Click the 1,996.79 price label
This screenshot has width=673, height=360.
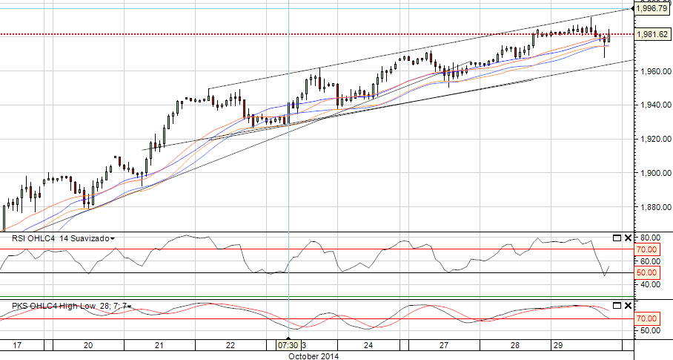(653, 8)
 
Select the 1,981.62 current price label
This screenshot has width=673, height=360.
(653, 34)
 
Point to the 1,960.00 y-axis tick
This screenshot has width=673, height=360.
(653, 71)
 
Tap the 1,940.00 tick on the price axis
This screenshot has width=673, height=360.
(653, 105)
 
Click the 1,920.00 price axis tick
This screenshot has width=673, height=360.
(653, 140)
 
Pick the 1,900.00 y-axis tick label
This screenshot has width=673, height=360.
(653, 174)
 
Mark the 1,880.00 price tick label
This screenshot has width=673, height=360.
(653, 208)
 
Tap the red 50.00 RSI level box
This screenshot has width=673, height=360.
(648, 273)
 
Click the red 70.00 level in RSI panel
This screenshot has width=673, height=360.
(648, 249)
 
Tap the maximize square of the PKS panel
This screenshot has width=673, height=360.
(617, 306)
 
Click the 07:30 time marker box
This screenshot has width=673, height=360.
(288, 345)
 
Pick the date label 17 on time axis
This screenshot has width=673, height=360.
(17, 345)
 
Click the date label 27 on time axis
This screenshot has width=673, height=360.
(445, 345)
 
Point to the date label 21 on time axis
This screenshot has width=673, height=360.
(159, 345)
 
